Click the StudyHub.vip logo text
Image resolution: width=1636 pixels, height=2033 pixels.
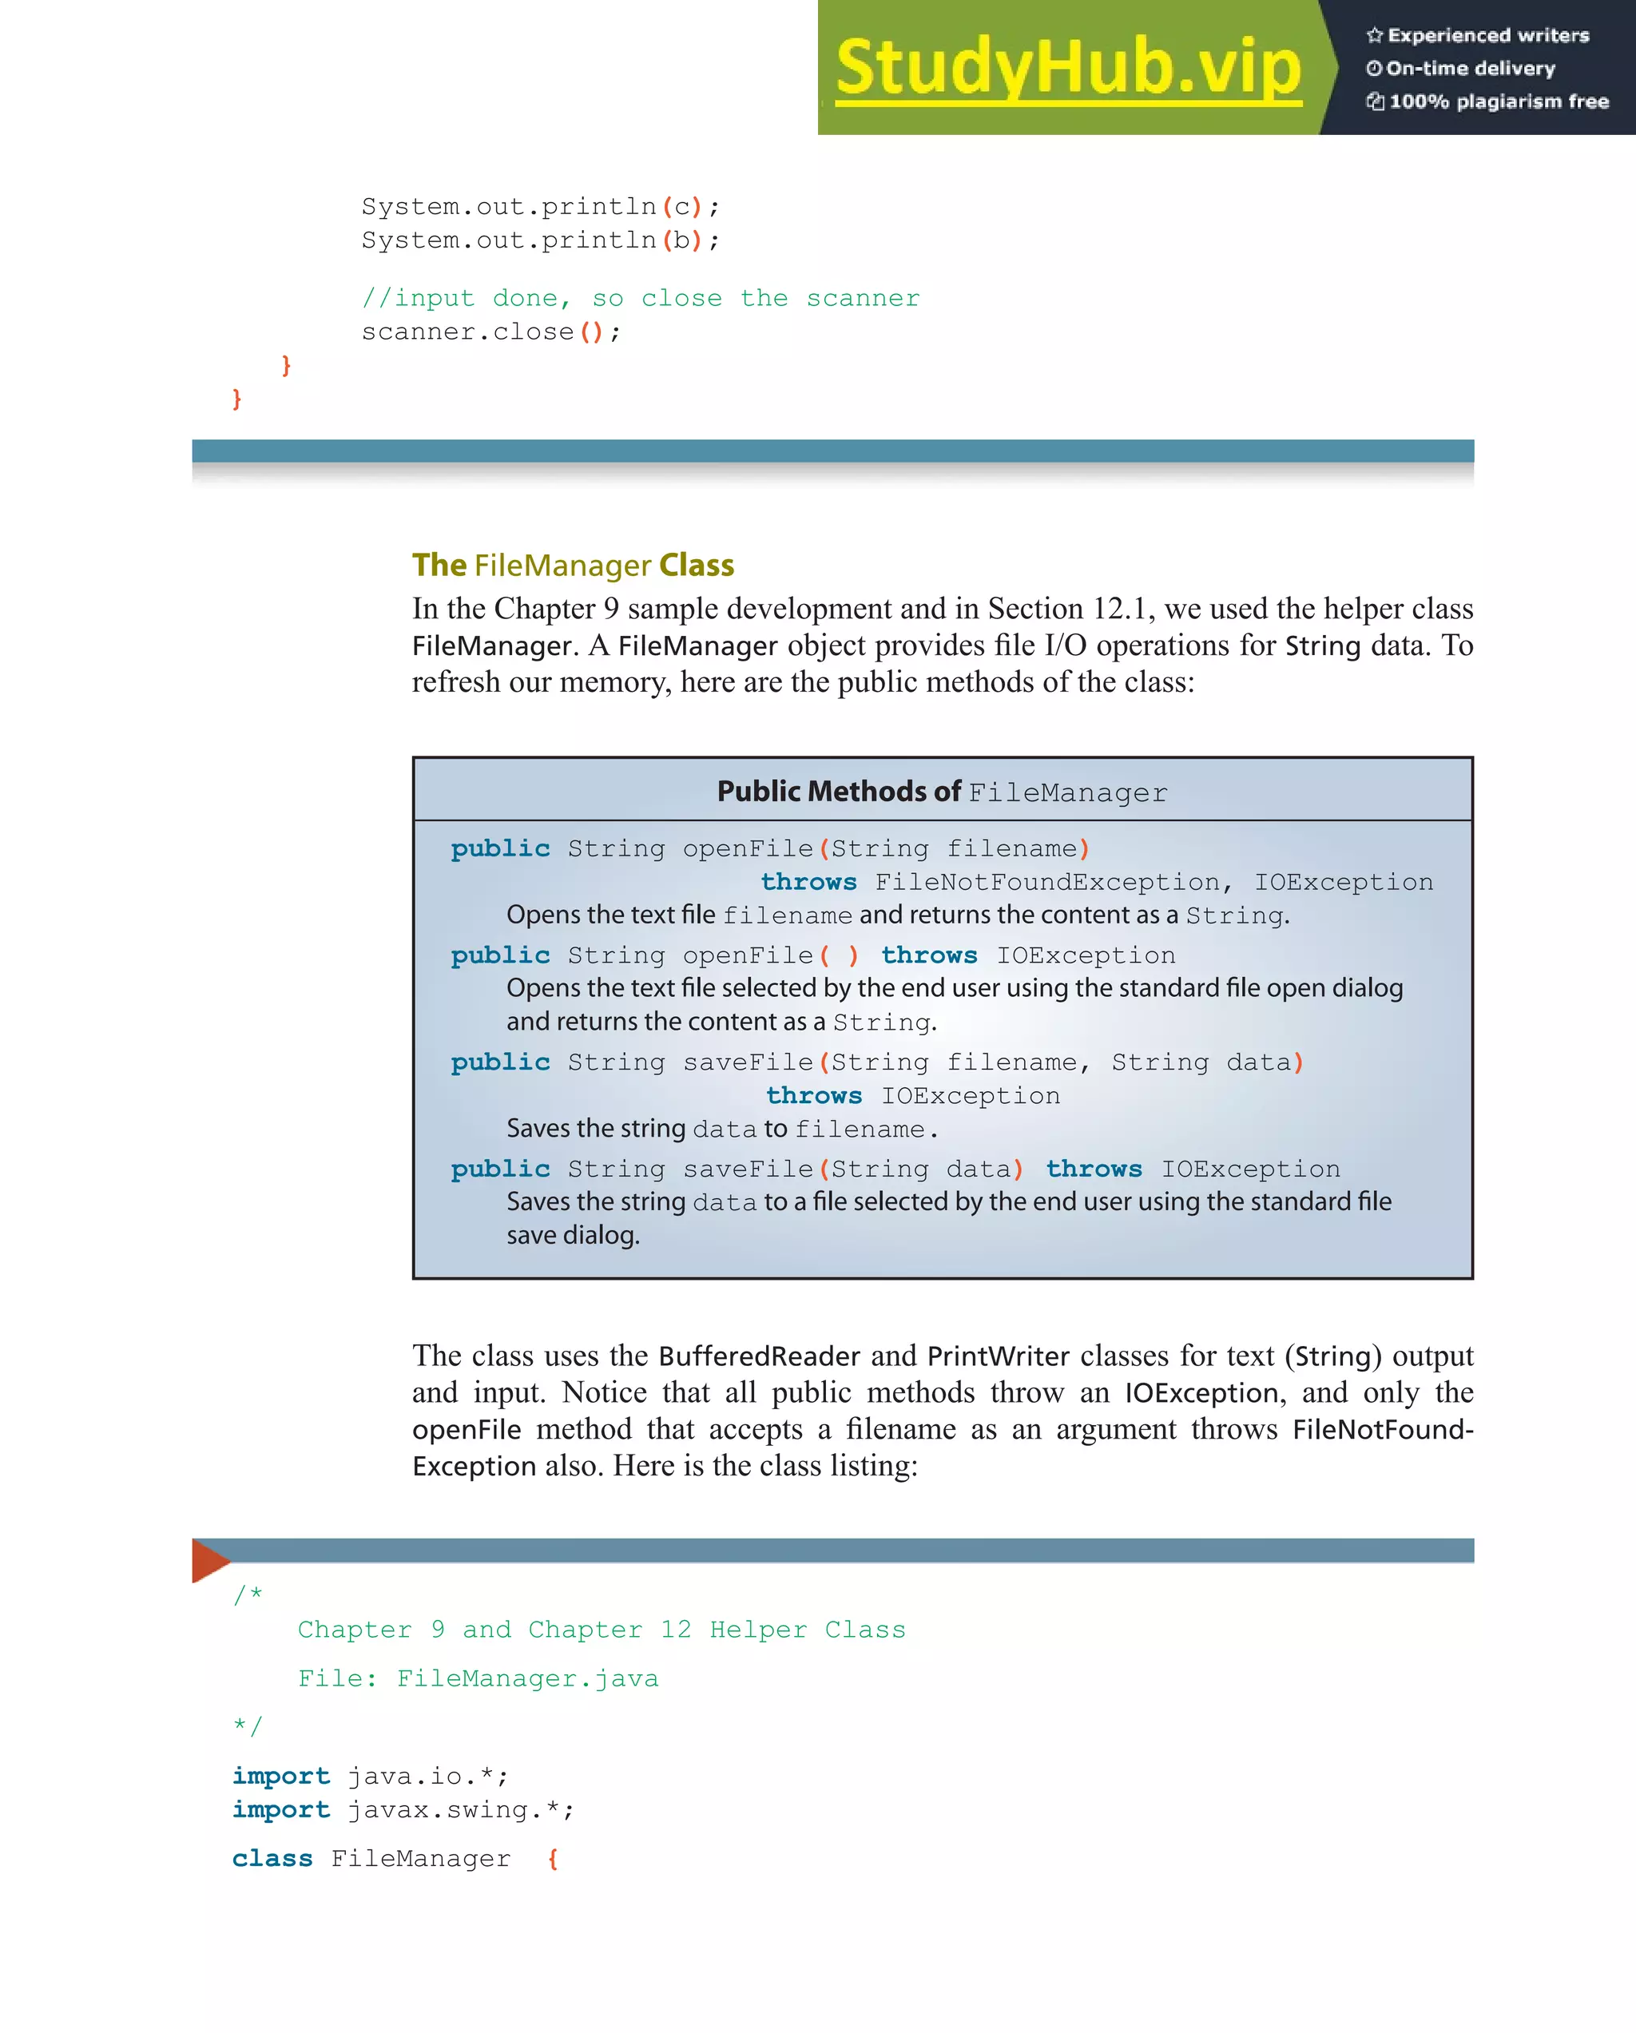pyautogui.click(x=1067, y=67)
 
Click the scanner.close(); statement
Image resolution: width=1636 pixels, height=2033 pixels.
pyautogui.click(x=490, y=332)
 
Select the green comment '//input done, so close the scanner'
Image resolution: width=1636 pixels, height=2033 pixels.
pyautogui.click(x=640, y=298)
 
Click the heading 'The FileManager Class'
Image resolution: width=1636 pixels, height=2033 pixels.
pyautogui.click(x=573, y=565)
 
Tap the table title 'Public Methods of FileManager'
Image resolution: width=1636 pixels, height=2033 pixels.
pyautogui.click(x=941, y=791)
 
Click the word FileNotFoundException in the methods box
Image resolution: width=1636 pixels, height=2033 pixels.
pyautogui.click(x=1046, y=882)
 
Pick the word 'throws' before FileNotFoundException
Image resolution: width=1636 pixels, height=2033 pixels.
pyautogui.click(x=808, y=882)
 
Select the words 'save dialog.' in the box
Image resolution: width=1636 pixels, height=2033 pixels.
pyautogui.click(x=573, y=1235)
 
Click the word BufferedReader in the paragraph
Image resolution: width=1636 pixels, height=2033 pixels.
pyautogui.click(x=758, y=1356)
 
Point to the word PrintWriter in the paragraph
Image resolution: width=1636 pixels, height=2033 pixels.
pyautogui.click(x=998, y=1356)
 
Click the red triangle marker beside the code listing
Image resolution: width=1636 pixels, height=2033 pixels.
pyautogui.click(x=208, y=1561)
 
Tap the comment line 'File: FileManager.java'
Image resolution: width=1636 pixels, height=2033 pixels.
pyautogui.click(x=477, y=1678)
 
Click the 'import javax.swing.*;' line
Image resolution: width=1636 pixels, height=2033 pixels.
pyautogui.click(x=403, y=1809)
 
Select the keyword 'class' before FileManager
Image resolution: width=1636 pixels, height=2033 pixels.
pyautogui.click(x=272, y=1859)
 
